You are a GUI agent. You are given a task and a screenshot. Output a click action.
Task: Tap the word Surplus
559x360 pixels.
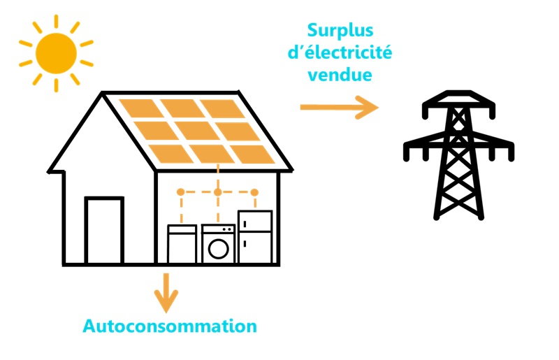(x=340, y=31)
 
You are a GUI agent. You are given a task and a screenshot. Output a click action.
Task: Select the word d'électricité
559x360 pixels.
(x=340, y=52)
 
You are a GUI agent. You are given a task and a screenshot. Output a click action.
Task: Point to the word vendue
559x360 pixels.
(x=340, y=74)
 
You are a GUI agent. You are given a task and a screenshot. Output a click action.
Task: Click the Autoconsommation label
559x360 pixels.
(x=170, y=326)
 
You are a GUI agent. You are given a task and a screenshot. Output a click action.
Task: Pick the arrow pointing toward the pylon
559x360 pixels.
(x=339, y=107)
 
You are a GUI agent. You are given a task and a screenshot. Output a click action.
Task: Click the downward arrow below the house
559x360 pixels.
(x=166, y=291)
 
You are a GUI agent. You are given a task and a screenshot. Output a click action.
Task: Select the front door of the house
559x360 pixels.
(x=104, y=231)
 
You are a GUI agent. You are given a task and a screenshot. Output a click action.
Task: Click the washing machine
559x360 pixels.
(x=219, y=244)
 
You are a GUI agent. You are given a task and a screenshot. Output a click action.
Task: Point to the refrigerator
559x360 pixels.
(x=254, y=237)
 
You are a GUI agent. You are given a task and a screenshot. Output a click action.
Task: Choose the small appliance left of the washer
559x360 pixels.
(x=182, y=245)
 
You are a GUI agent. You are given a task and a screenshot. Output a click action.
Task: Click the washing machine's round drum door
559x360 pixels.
(x=219, y=249)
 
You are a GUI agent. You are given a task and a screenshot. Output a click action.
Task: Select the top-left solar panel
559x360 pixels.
(x=140, y=108)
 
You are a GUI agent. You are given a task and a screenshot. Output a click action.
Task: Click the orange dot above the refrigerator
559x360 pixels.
(x=254, y=192)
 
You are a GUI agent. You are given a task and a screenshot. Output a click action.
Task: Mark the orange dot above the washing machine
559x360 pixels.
(x=218, y=192)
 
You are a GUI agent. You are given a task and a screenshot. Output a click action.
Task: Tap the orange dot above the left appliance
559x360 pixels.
(x=181, y=192)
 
